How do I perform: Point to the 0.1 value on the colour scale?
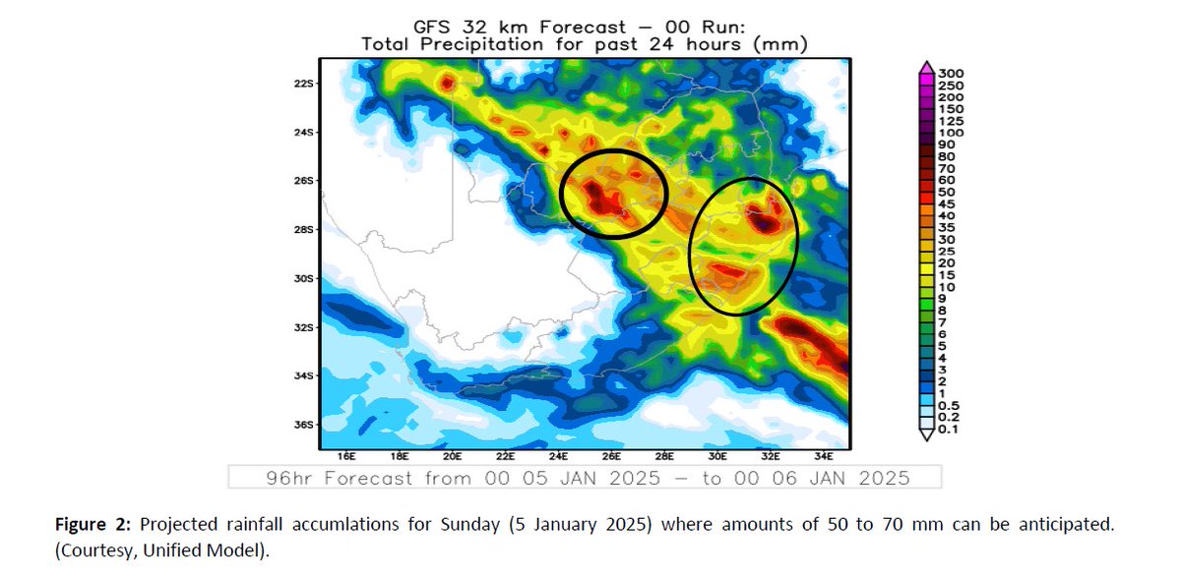[949, 429]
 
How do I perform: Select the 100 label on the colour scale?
[951, 133]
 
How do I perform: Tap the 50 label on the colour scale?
[947, 193]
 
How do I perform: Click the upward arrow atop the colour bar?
[926, 66]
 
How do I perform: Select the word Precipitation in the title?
[485, 43]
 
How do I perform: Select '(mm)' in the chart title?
[787, 43]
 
